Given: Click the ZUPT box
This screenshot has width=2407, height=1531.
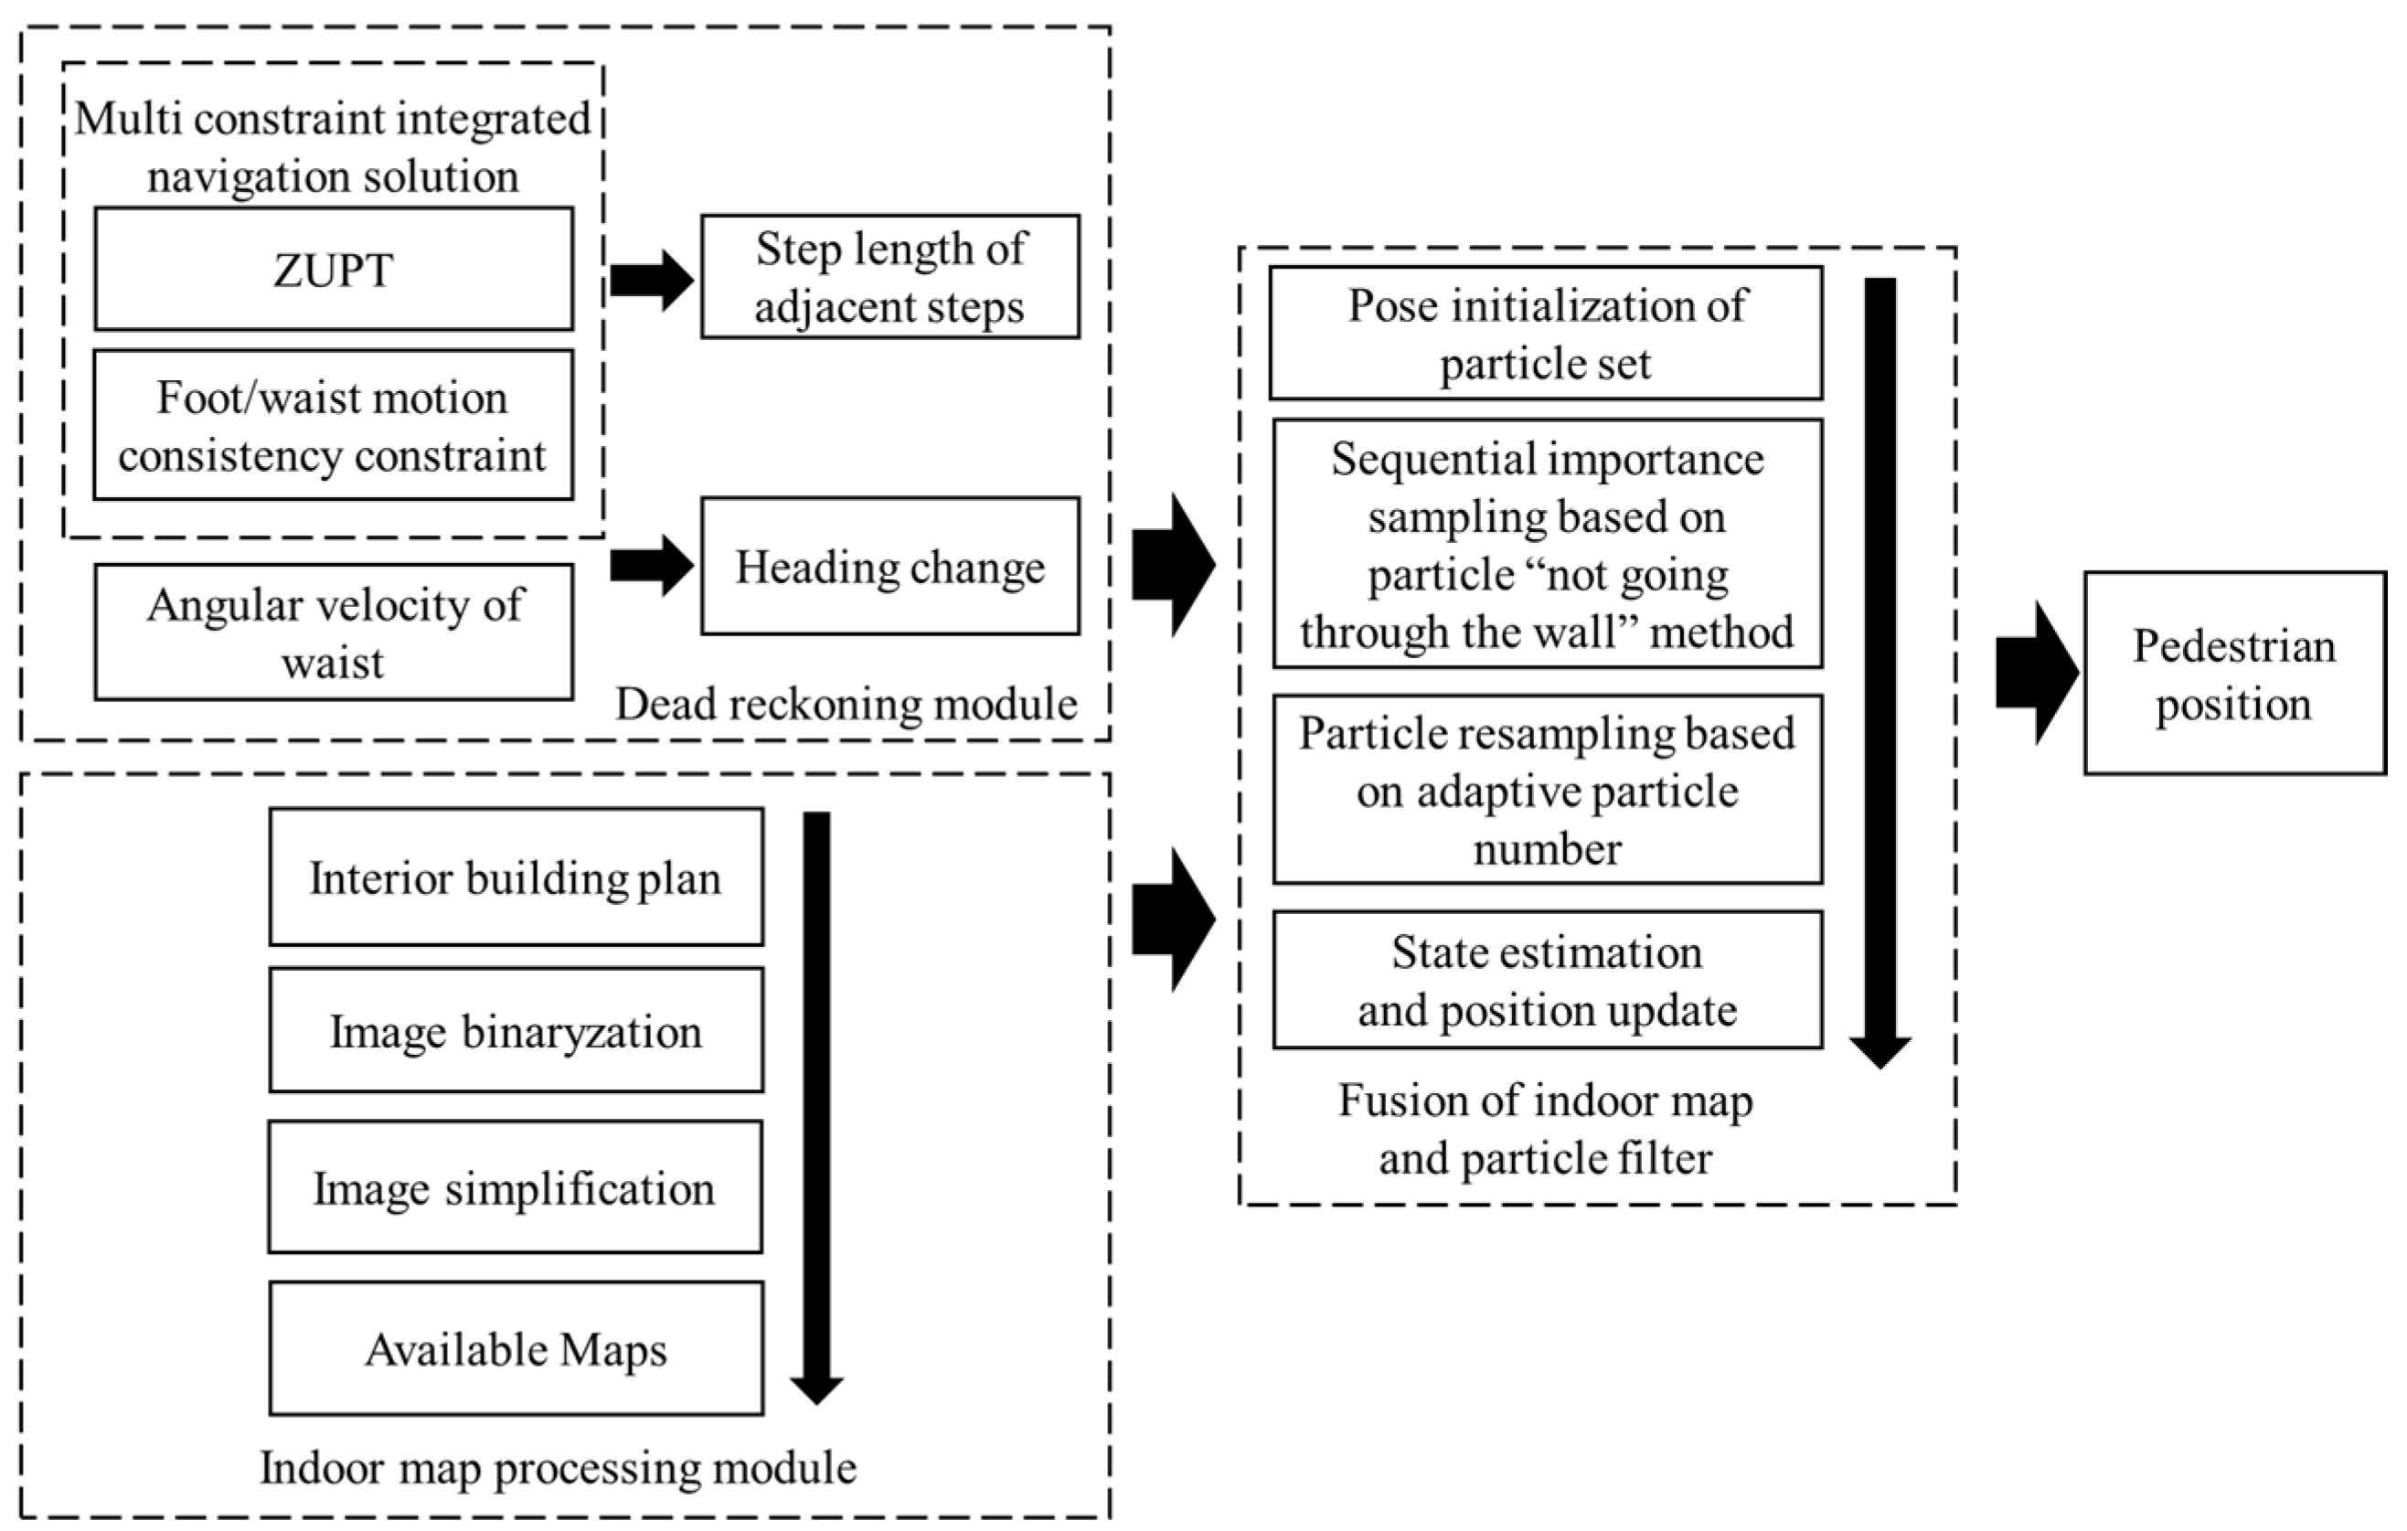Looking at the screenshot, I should tap(334, 269).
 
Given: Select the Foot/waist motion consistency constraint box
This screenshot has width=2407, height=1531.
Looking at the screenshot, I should tap(334, 425).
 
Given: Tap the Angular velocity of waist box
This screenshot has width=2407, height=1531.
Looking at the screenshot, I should tap(334, 632).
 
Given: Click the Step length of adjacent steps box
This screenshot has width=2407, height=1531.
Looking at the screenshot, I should tap(889, 277).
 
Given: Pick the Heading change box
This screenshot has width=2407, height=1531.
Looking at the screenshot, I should tap(889, 566).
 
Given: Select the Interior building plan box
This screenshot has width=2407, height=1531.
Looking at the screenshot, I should tap(516, 877).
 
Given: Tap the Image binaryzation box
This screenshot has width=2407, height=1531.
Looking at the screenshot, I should tap(516, 1030).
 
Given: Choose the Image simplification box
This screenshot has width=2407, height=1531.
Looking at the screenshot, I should tap(516, 1187).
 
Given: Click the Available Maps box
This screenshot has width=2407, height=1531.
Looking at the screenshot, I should tap(516, 1348).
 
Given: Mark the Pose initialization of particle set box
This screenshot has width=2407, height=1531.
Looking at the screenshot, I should tap(1547, 333).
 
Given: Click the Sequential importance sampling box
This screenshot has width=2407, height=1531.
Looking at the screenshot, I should tap(1548, 544).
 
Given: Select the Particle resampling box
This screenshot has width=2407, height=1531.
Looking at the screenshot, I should tap(1548, 790).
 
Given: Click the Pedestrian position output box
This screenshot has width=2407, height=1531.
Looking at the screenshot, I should tap(2234, 674).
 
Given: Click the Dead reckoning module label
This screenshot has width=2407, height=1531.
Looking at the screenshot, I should tap(846, 705).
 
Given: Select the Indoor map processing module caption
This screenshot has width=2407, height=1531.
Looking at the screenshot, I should tap(558, 1468).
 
